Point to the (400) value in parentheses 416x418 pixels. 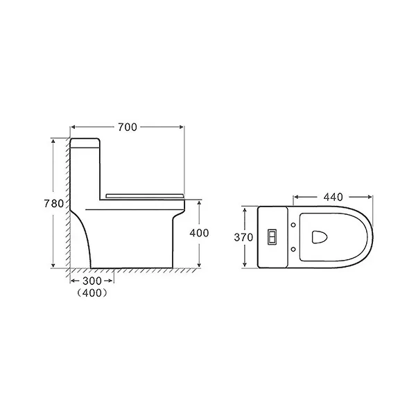(92, 293)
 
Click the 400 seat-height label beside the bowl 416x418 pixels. (199, 234)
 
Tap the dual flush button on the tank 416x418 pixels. (272, 237)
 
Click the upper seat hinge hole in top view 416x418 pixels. (296, 224)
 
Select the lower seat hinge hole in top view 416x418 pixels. (296, 250)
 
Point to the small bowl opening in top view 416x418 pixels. (320, 237)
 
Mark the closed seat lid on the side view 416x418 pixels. (146, 193)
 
